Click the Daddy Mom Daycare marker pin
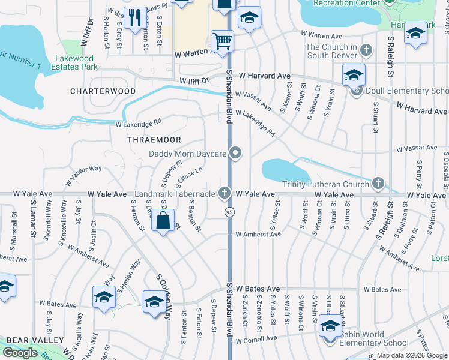(236, 154)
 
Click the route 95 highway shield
(229, 212)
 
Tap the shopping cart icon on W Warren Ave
(222, 41)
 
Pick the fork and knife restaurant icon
(135, 17)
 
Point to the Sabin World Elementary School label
(374, 343)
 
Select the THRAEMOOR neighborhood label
(154, 140)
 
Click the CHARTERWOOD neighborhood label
(103, 91)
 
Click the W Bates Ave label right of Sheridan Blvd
(258, 289)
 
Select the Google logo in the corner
(20, 353)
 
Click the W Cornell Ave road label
(258, 341)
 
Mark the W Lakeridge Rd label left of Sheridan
(139, 122)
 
